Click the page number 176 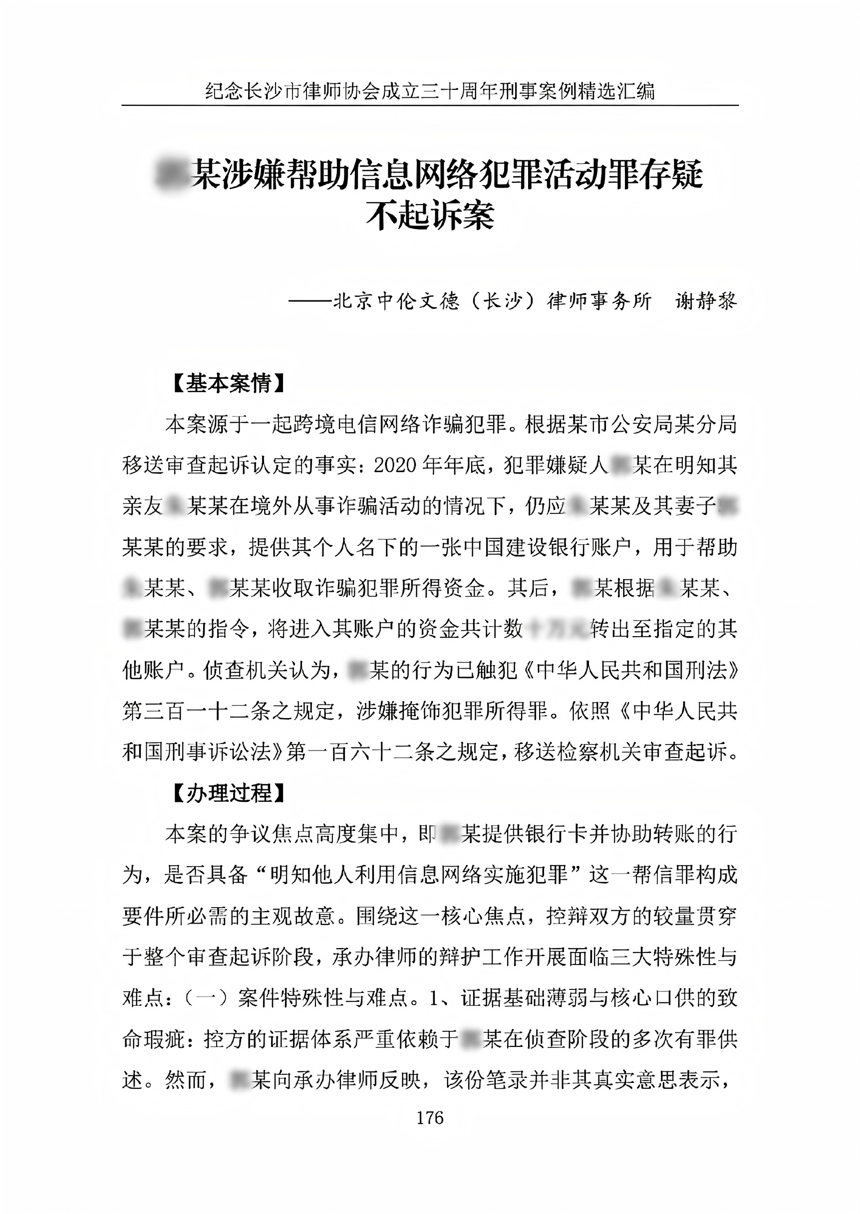tap(429, 1118)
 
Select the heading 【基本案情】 tap(228, 383)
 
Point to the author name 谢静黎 tap(705, 301)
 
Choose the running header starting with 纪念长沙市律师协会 tap(429, 91)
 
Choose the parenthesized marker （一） tap(207, 997)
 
